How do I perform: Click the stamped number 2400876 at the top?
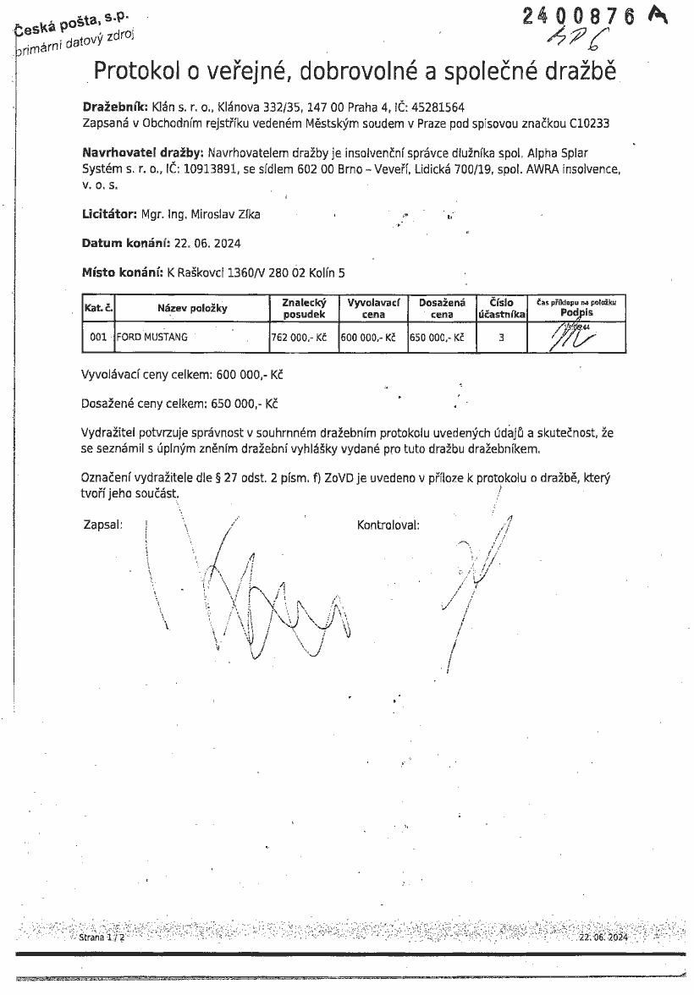coord(578,17)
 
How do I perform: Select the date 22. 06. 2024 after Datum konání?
coord(207,244)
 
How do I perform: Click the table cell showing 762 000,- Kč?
coord(299,337)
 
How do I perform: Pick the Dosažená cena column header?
coord(442,308)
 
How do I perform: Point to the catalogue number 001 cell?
coord(98,337)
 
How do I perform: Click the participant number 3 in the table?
coord(502,337)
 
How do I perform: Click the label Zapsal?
coord(102,525)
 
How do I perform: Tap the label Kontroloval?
coord(388,525)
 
